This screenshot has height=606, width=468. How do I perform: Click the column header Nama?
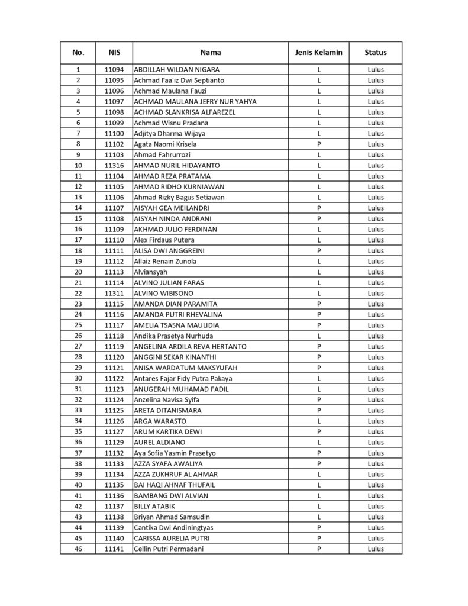[210, 53]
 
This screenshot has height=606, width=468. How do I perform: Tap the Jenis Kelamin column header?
[318, 53]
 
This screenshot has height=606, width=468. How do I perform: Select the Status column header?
[375, 53]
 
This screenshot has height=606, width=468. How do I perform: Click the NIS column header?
[114, 53]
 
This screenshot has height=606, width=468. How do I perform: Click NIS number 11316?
[114, 165]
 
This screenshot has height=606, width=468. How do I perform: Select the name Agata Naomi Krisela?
[166, 144]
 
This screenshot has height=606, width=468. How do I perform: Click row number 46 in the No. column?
[78, 549]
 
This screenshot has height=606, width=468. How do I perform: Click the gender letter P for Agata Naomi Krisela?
[318, 144]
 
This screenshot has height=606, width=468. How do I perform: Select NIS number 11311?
[114, 293]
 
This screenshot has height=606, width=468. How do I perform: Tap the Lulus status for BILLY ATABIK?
[375, 506]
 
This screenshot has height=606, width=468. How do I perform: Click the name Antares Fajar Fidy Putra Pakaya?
[183, 378]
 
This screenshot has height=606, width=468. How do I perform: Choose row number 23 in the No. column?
[78, 304]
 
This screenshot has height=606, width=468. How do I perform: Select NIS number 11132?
[114, 453]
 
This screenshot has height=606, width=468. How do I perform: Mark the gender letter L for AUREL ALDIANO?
[318, 442]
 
